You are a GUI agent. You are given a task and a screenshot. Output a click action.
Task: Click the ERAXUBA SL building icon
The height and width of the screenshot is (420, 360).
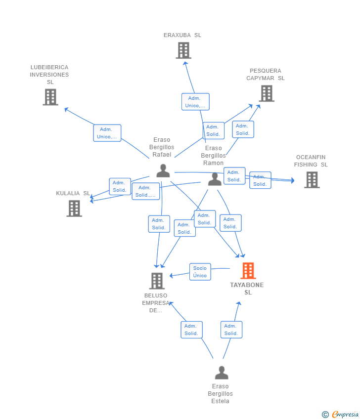pos(183,50)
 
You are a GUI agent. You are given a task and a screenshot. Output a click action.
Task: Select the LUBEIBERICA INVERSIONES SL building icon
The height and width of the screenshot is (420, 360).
pos(50,97)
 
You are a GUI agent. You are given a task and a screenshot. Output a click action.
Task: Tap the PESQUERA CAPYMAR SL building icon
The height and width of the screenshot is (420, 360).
pos(266,93)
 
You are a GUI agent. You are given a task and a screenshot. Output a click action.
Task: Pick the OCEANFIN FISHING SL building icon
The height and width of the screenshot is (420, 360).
pos(312,180)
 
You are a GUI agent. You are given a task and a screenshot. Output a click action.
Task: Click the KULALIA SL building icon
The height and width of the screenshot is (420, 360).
pos(74,209)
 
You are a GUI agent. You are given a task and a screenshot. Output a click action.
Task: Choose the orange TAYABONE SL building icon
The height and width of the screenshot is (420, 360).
pos(248,271)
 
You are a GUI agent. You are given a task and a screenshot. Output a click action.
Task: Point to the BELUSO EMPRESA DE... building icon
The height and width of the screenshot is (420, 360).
pos(157,281)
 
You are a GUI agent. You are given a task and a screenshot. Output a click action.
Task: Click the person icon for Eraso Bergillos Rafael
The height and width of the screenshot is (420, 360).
pos(163,170)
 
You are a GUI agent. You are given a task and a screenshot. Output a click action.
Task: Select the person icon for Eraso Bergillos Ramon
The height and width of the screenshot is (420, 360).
pos(215,179)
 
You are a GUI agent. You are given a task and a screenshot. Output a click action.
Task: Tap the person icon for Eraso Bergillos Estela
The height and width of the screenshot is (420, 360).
pos(222,373)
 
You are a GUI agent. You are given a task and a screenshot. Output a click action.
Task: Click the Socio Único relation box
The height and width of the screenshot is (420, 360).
pos(200,272)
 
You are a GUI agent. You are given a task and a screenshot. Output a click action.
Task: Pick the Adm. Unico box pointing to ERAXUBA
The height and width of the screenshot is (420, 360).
pos(195,102)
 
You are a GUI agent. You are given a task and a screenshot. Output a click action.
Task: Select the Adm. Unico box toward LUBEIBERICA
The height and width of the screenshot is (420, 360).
pos(107,133)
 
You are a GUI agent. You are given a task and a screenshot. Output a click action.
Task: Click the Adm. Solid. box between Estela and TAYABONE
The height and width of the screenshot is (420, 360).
pos(231,330)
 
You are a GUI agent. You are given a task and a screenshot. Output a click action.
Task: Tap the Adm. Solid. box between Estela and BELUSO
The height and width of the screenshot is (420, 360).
pos(191,330)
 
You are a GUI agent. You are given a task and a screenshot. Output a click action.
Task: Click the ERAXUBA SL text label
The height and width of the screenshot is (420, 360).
pos(182,35)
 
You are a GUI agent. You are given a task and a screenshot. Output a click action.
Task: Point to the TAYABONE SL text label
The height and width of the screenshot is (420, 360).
pos(247,289)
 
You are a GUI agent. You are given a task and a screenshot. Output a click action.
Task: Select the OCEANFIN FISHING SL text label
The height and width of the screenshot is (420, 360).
pos(311,161)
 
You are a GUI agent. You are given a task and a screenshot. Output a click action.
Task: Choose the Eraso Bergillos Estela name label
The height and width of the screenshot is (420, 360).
pos(221,394)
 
